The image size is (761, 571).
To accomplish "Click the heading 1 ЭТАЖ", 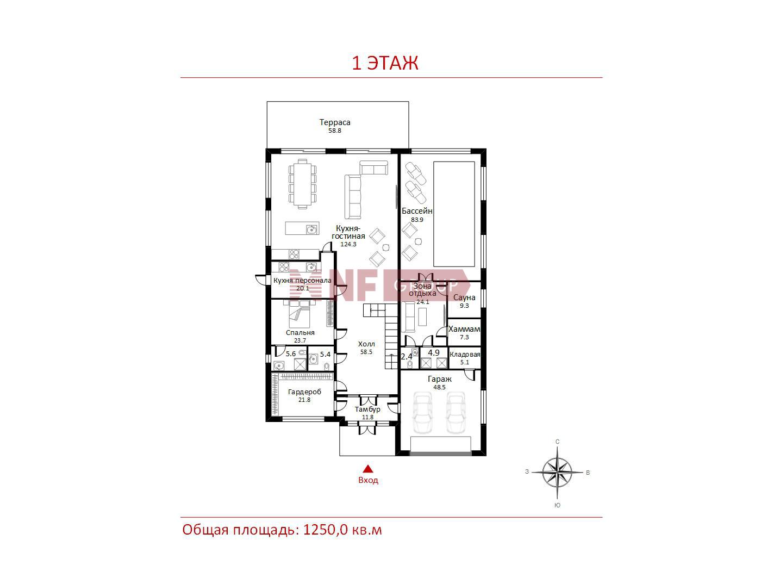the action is pyautogui.click(x=385, y=63).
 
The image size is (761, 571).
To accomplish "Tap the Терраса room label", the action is pyautogui.click(x=334, y=122).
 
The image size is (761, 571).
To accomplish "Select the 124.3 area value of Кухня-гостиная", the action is pyautogui.click(x=348, y=244).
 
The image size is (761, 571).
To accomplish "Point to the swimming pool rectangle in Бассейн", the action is pyautogui.click(x=454, y=214).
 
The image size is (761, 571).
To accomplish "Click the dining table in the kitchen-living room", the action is pyautogui.click(x=302, y=184).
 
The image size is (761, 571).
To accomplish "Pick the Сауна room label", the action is pyautogui.click(x=464, y=297).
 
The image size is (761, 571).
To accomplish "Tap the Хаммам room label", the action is pyautogui.click(x=464, y=329).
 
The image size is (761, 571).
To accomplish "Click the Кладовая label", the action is pyautogui.click(x=465, y=355).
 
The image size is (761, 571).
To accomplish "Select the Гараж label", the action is pyautogui.click(x=439, y=379).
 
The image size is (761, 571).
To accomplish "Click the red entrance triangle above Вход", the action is pyautogui.click(x=368, y=469).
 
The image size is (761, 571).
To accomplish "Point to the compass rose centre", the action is pyautogui.click(x=557, y=473).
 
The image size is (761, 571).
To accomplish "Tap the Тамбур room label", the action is pyautogui.click(x=367, y=409).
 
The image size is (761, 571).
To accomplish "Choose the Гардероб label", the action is pyautogui.click(x=304, y=392).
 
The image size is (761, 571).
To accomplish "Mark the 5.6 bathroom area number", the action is pyautogui.click(x=290, y=354).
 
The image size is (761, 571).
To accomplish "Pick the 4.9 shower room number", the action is pyautogui.click(x=433, y=353).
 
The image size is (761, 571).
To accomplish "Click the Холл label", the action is pyautogui.click(x=366, y=344).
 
